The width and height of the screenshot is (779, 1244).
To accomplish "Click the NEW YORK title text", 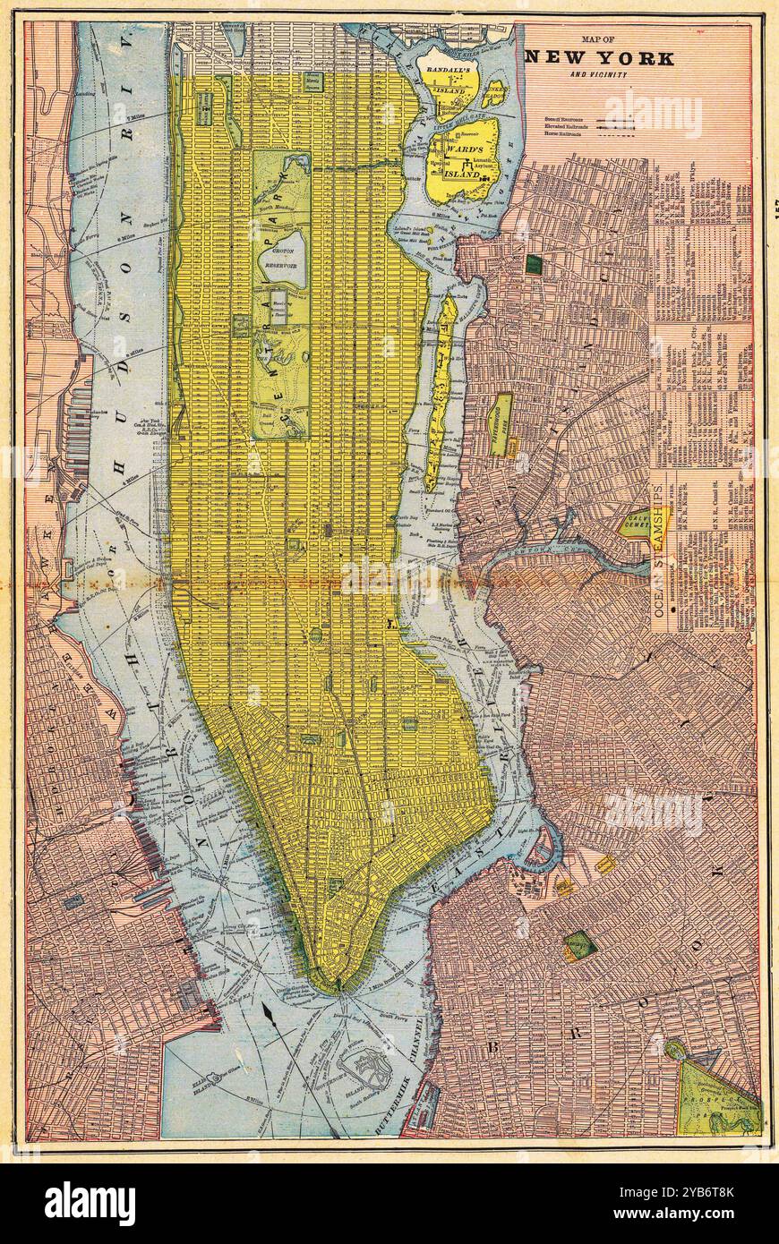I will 600,58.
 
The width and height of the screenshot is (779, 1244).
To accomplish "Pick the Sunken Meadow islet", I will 495,93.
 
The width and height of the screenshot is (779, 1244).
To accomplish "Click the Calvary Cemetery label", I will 637,522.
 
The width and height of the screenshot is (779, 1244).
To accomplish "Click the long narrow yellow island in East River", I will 440,394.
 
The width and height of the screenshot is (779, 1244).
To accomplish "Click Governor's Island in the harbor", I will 367,1069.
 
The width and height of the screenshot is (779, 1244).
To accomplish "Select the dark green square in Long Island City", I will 535,264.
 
